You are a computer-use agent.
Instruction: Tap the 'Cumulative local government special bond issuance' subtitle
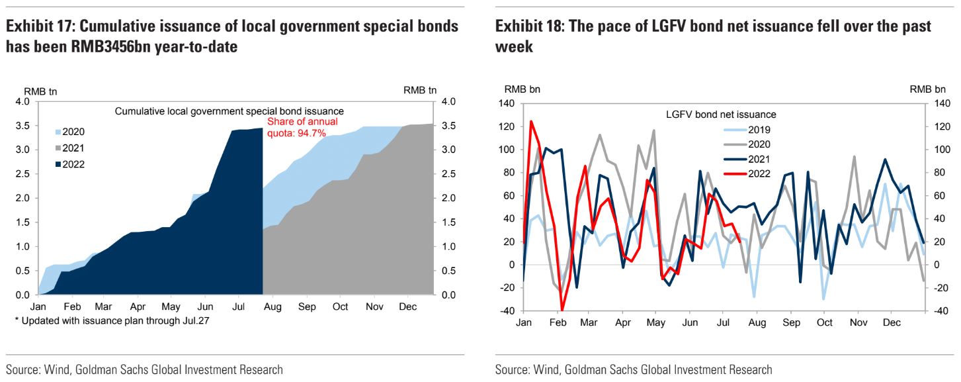(x=230, y=111)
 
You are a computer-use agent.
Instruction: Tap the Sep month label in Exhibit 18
(x=791, y=322)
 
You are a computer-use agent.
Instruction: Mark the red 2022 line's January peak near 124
(x=530, y=122)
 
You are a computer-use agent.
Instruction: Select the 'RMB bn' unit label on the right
(x=928, y=89)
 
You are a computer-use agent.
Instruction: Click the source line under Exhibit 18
(x=633, y=369)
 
